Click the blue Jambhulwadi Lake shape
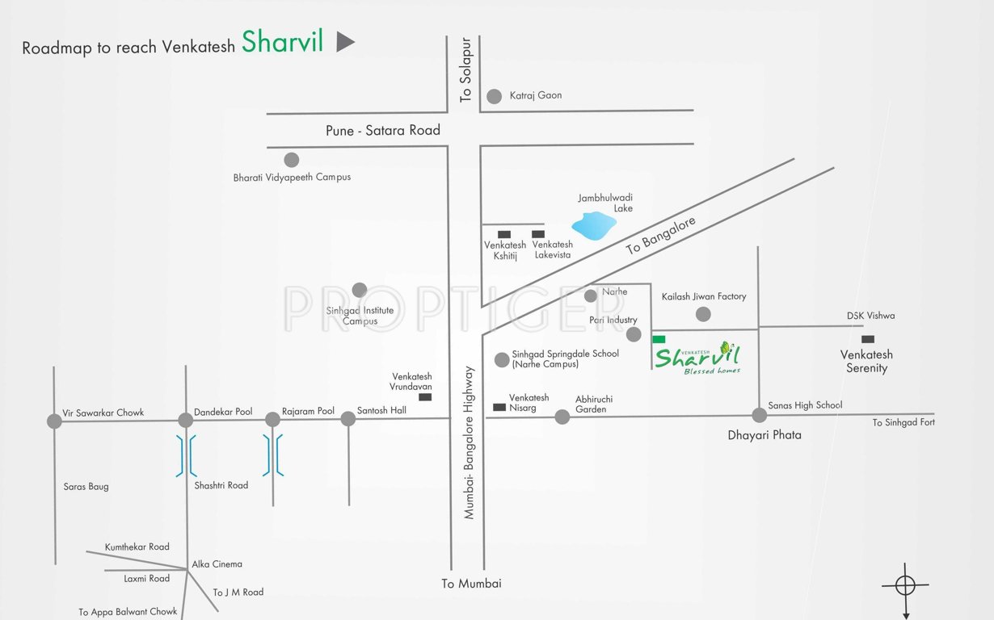pyautogui.click(x=593, y=225)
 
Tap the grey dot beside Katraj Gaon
pyautogui.click(x=495, y=97)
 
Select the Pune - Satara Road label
pyautogui.click(x=383, y=130)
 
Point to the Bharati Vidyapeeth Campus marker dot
pyautogui.click(x=291, y=160)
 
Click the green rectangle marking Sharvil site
pyautogui.click(x=659, y=339)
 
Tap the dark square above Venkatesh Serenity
pyautogui.click(x=867, y=339)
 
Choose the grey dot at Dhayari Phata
pyautogui.click(x=759, y=415)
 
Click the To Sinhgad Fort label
pyautogui.click(x=903, y=422)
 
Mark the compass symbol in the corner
pyautogui.click(x=905, y=585)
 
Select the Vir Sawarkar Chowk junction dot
pyautogui.click(x=54, y=421)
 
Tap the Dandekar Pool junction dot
pyautogui.click(x=186, y=420)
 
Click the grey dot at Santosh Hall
pyautogui.click(x=347, y=418)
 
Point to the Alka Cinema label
pyautogui.click(x=217, y=564)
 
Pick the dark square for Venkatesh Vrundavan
pyautogui.click(x=425, y=396)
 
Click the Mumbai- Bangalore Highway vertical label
pyautogui.click(x=469, y=442)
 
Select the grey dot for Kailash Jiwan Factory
pyautogui.click(x=703, y=314)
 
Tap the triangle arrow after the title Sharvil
pyautogui.click(x=345, y=42)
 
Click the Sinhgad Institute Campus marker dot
pyautogui.click(x=360, y=290)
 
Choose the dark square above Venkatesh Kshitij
pyautogui.click(x=504, y=234)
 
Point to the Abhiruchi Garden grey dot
pyautogui.click(x=562, y=417)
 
